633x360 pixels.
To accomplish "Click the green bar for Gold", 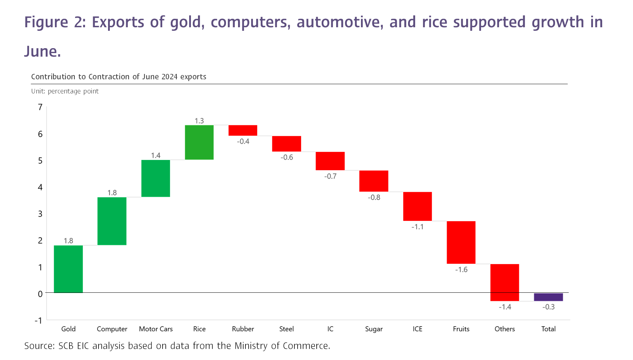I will (x=68, y=269).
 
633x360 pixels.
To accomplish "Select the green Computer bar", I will (x=112, y=221).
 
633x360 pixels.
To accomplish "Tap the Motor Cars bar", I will (x=156, y=178).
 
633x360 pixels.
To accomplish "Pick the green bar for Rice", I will (x=199, y=142).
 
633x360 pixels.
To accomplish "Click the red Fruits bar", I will (x=461, y=242).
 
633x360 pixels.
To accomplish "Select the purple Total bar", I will (x=548, y=297).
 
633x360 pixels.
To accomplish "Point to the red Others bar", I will (x=504, y=282).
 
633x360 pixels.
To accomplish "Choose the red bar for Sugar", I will (x=374, y=181).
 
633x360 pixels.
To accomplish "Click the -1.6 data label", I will (x=461, y=270).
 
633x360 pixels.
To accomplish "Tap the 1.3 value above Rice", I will (x=199, y=121).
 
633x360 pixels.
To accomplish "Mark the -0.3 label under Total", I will (x=548, y=307).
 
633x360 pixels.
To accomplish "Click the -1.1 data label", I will (x=417, y=227).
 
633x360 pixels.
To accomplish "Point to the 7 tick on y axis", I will (x=40, y=107).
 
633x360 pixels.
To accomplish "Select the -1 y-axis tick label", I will (x=38, y=320).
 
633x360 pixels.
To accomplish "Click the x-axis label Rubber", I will (x=243, y=329).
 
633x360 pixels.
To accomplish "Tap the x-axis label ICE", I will (x=417, y=329).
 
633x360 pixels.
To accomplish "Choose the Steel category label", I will (x=286, y=329).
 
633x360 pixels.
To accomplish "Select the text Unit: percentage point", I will (x=65, y=91).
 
